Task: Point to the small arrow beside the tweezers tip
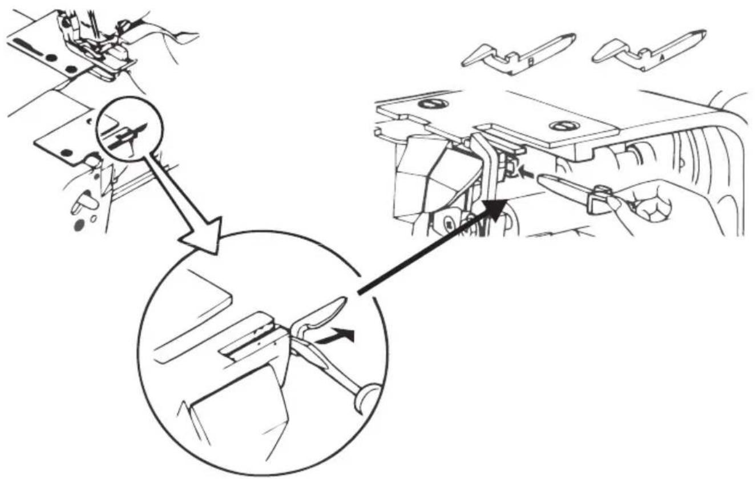(529, 169)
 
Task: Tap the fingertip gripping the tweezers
(615, 202)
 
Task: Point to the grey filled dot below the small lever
(78, 226)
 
